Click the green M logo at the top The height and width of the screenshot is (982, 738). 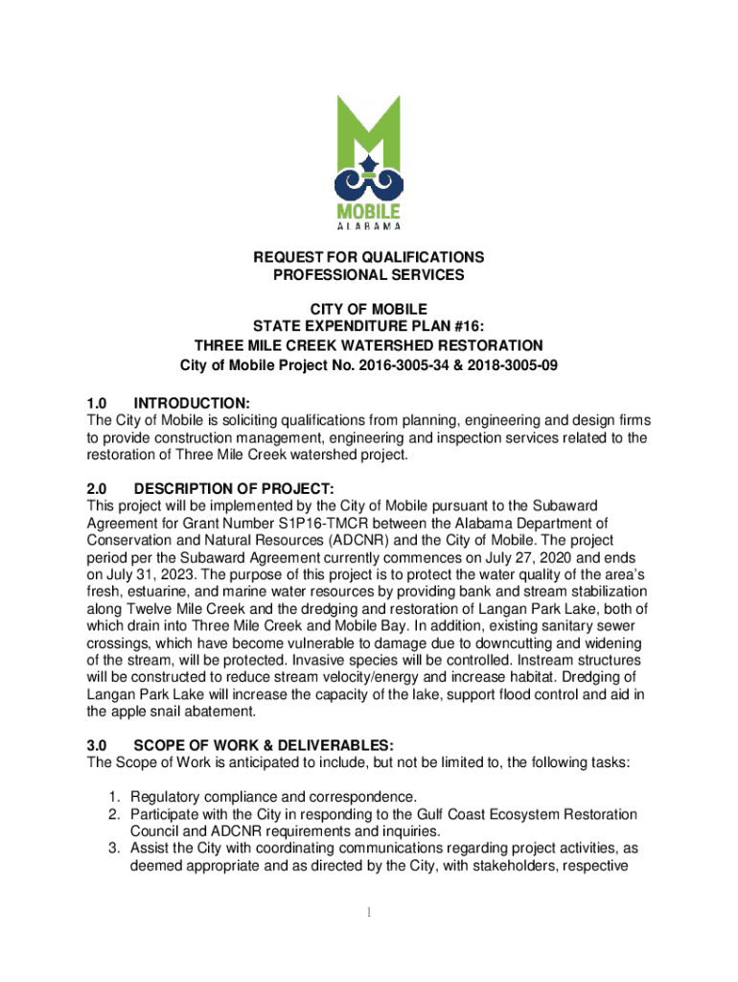[x=369, y=139]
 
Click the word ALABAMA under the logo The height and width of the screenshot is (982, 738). [x=369, y=226]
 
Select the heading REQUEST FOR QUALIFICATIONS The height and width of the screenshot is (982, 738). [x=369, y=257]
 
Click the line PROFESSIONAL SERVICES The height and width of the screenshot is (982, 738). [x=369, y=275]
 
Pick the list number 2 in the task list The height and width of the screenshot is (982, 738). [x=112, y=814]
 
